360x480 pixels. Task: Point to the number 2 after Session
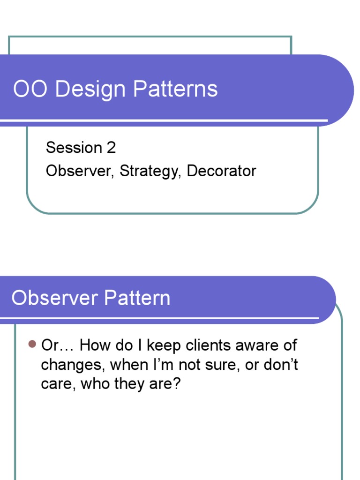(111, 148)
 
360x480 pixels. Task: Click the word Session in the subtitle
(74, 148)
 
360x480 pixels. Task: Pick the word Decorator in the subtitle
(221, 171)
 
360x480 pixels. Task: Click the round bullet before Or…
(32, 345)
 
